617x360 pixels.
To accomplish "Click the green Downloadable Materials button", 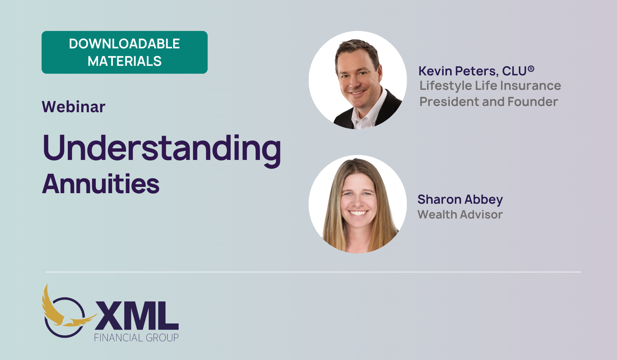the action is (124, 52).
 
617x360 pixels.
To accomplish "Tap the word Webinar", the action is (74, 107).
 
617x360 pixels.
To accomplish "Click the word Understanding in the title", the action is (162, 149).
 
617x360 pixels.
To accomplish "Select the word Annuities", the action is (101, 184).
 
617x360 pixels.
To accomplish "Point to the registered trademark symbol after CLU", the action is (531, 69).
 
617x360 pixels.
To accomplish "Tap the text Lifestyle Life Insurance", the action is (490, 86).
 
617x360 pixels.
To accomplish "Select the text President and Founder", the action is (489, 102).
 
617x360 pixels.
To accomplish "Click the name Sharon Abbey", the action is (460, 199).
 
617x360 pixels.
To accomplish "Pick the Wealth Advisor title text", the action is (460, 215).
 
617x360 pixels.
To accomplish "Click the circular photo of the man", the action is (358, 80).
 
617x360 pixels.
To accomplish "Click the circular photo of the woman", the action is (358, 204).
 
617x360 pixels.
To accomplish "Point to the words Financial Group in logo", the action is (136, 338).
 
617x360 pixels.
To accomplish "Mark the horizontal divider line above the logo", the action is (314, 272).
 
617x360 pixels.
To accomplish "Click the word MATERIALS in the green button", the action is (124, 61).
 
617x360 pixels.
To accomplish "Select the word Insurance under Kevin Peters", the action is (531, 86).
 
